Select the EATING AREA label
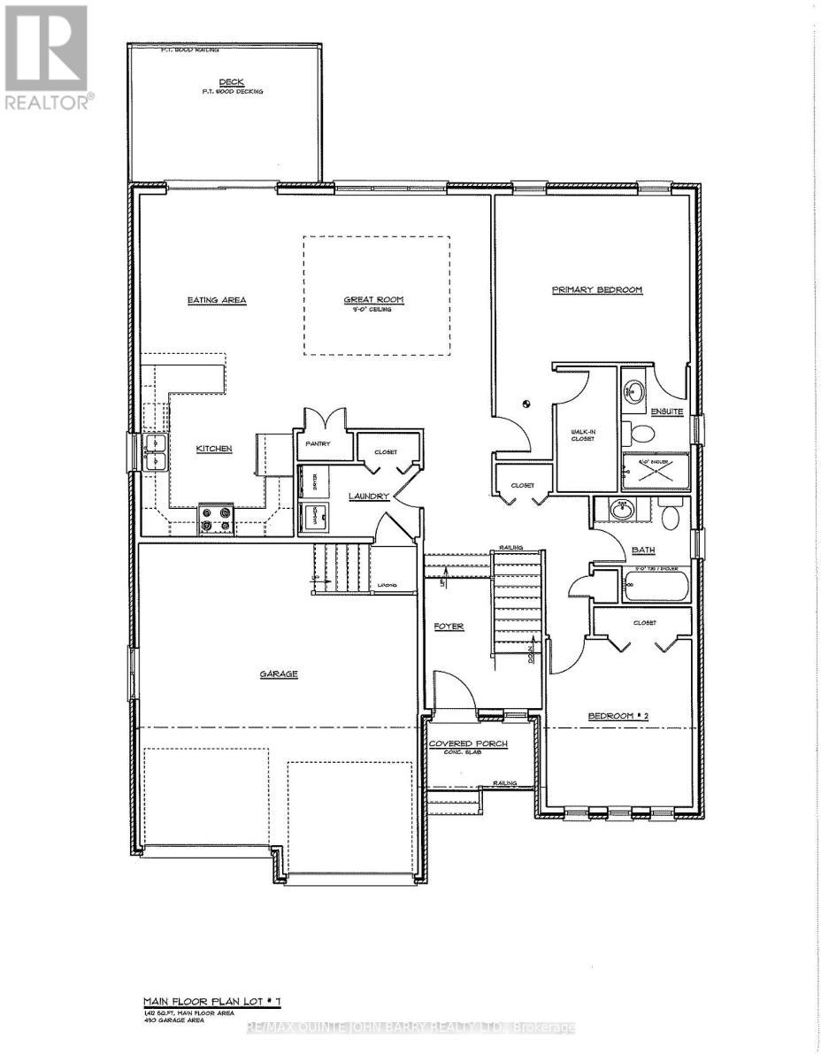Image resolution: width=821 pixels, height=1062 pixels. pos(216,300)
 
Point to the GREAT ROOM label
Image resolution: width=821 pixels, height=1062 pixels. pos(373,300)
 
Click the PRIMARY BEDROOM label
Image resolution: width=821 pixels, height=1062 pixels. pos(596,289)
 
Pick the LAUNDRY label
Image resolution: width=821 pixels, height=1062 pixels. pos(368,496)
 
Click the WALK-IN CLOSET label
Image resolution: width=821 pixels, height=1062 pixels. pos(586,435)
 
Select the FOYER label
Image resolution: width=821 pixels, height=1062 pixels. pos(449,627)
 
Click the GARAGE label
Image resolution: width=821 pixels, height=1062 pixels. pos(279,674)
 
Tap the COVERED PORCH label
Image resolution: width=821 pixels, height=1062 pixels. pos(468,743)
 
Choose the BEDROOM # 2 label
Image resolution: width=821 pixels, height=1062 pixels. pos(619,716)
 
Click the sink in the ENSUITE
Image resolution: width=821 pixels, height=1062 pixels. pos(633,389)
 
